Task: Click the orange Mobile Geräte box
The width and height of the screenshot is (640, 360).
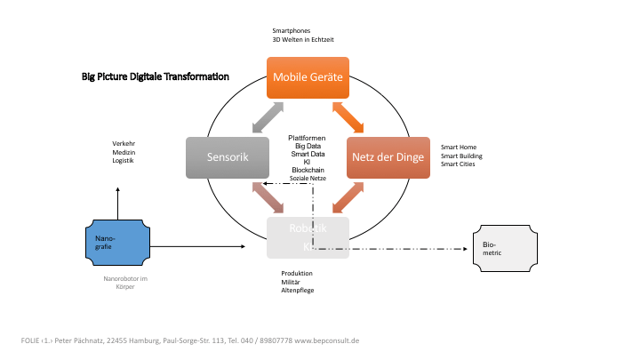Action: click(308, 77)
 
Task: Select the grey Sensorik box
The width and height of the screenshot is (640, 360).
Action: click(227, 157)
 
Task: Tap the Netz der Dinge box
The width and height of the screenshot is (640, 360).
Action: click(388, 158)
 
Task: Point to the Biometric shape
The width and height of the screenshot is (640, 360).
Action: click(504, 247)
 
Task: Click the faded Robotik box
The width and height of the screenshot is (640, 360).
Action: click(308, 236)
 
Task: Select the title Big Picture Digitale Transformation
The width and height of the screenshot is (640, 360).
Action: click(156, 77)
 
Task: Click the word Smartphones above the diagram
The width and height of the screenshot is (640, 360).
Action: click(292, 31)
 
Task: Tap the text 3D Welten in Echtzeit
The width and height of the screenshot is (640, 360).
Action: click(303, 40)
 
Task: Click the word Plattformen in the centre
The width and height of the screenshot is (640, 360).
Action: click(307, 138)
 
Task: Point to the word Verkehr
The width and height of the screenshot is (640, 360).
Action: click(124, 144)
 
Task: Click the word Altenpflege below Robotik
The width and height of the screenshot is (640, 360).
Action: click(298, 291)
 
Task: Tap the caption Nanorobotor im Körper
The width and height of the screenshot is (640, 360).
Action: click(125, 284)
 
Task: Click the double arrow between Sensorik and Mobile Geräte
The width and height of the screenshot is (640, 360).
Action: click(267, 117)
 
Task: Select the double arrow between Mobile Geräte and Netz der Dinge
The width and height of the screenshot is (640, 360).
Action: click(348, 117)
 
